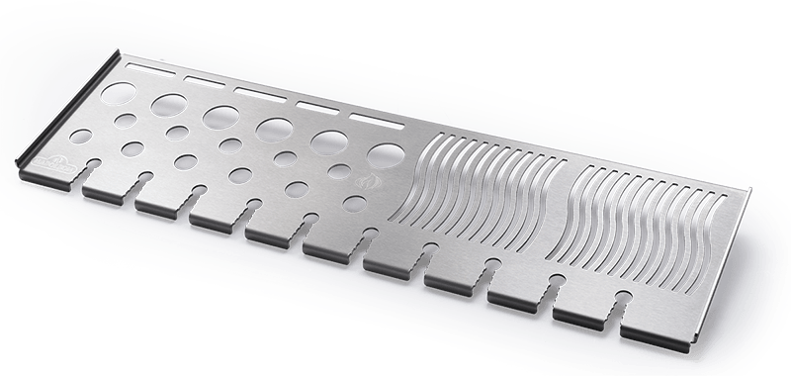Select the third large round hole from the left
220,117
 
